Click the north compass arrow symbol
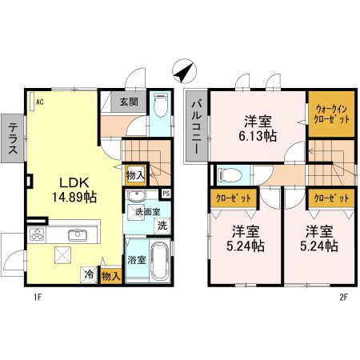click(x=184, y=71)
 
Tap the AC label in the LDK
click(x=40, y=102)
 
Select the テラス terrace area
click(x=13, y=138)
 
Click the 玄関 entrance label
click(x=129, y=102)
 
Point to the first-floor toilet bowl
click(x=161, y=106)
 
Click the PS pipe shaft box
click(x=166, y=194)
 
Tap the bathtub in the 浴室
click(x=160, y=261)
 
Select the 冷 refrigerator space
click(x=88, y=274)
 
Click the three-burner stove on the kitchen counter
click(x=37, y=234)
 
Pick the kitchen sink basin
click(x=78, y=235)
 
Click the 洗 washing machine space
click(x=162, y=226)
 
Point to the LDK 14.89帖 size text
click(x=74, y=190)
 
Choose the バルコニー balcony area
click(x=197, y=127)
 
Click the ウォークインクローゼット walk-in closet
click(x=331, y=114)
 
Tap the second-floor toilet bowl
click(x=230, y=175)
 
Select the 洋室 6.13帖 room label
click(x=258, y=129)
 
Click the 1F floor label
click(x=38, y=297)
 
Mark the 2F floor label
click(x=344, y=297)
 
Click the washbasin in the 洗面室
click(x=137, y=196)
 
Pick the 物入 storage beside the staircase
click(x=135, y=175)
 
